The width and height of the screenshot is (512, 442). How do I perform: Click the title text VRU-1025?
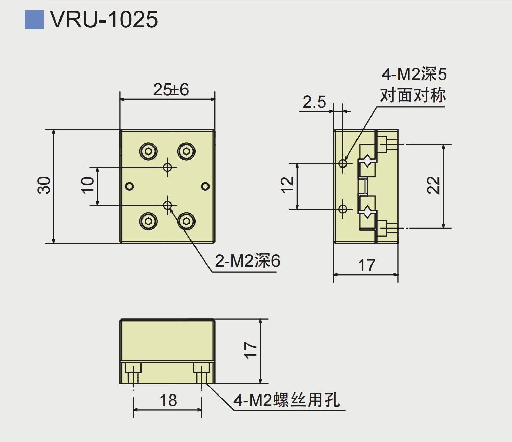[x=104, y=19]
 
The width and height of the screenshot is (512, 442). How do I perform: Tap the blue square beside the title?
[x=34, y=19]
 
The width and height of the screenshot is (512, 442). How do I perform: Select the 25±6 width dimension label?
[x=171, y=90]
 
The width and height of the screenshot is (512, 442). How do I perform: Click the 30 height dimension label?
[x=44, y=186]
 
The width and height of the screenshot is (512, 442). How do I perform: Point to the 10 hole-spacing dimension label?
[x=87, y=186]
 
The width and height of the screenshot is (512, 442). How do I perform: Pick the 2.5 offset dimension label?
[x=314, y=102]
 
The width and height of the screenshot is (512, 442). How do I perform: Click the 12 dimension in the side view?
[x=287, y=186]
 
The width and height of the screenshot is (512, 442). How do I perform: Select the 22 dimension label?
[x=434, y=186]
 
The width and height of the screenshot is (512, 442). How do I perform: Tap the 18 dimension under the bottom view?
[x=168, y=400]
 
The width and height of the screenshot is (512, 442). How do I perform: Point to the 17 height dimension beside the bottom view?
[x=251, y=350]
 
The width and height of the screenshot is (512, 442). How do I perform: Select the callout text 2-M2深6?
[x=247, y=261]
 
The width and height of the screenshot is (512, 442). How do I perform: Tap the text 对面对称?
[x=413, y=95]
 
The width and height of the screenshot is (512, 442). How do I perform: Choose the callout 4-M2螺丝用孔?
[x=287, y=400]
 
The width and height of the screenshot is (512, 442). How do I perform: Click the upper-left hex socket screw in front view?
[x=148, y=151]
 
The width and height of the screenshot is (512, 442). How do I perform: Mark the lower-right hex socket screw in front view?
[x=186, y=221]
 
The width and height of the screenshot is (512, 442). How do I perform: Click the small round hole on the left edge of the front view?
[x=130, y=186]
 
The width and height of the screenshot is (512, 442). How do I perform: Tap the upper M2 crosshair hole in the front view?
[x=167, y=167]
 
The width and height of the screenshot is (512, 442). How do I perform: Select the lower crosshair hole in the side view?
[x=343, y=209]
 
